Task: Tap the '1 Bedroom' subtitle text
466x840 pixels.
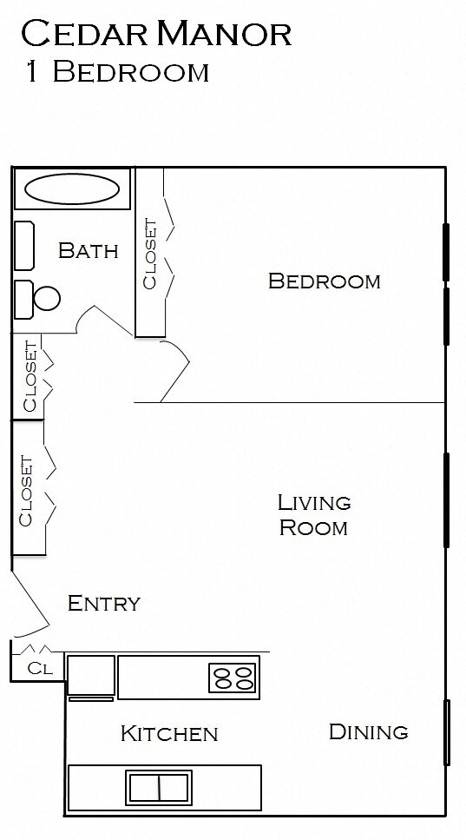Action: tap(114, 72)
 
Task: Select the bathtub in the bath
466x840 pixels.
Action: tap(72, 188)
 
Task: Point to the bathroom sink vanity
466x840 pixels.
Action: tap(23, 246)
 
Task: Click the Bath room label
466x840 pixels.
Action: tap(88, 251)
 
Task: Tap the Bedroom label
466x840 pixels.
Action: tap(324, 281)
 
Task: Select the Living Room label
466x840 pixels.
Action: tap(313, 514)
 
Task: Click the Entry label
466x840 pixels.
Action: tap(103, 603)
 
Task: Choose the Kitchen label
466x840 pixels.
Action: tap(168, 734)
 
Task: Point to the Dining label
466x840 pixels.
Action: tap(368, 732)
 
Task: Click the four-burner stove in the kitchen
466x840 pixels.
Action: tap(233, 678)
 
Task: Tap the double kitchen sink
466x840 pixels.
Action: tap(159, 788)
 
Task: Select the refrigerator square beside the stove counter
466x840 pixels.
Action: tap(91, 675)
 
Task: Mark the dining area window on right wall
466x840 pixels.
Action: tap(448, 732)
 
